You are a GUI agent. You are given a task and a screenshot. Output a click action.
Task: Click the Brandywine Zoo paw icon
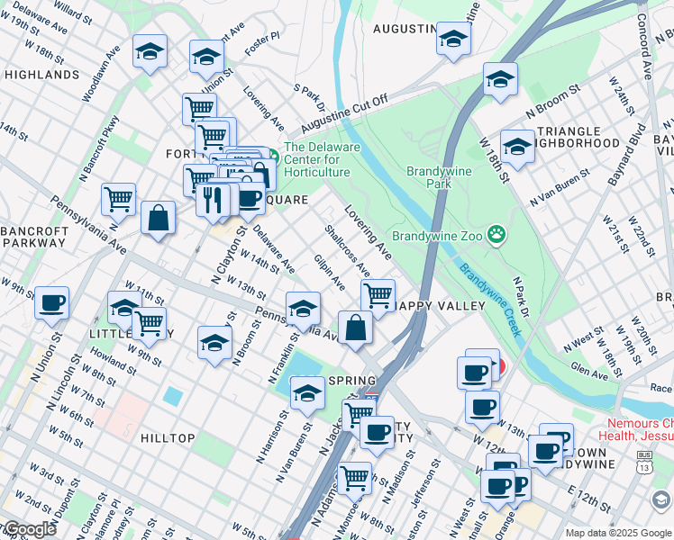495,236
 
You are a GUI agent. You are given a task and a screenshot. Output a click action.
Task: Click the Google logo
29,529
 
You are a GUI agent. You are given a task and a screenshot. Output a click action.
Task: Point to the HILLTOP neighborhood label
168,438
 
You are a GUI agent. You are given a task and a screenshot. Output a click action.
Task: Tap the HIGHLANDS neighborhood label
41,75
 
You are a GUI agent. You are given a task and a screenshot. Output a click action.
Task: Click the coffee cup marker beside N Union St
52,302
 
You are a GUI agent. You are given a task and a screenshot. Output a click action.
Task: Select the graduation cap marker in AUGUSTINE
452,39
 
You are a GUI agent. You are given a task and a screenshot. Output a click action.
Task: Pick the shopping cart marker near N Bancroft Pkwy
118,199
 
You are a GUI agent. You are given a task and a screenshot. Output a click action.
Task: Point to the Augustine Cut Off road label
345,112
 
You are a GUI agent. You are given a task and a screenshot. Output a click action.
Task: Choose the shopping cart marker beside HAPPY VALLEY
378,294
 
